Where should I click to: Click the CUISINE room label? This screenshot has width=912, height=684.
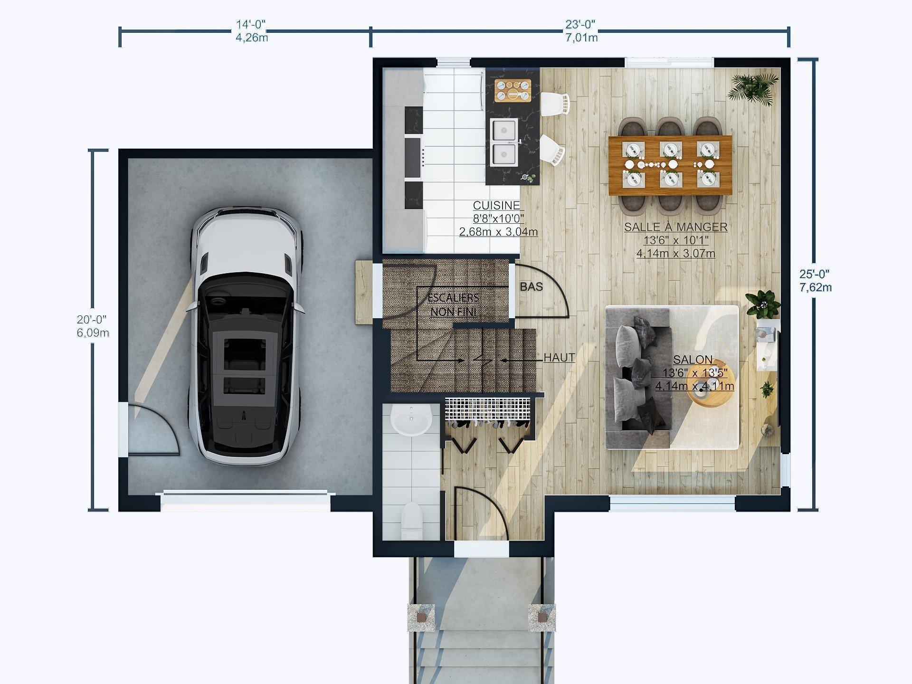tap(496, 206)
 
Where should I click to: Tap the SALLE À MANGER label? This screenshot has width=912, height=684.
tap(675, 227)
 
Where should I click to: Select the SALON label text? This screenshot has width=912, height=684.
tap(693, 360)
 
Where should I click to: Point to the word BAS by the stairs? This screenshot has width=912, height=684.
tap(531, 287)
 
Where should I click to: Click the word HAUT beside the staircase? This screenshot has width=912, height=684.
tap(559, 358)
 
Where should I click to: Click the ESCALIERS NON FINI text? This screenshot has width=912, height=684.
tap(453, 304)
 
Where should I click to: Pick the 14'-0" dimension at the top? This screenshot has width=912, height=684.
tap(251, 24)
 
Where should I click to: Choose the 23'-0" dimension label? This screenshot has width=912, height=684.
tap(580, 24)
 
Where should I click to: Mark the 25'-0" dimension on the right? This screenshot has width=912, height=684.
tap(815, 274)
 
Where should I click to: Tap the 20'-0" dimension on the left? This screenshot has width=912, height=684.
tap(92, 319)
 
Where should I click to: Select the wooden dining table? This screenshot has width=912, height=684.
tap(670, 165)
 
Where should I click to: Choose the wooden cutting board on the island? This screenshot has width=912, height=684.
tap(512, 90)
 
